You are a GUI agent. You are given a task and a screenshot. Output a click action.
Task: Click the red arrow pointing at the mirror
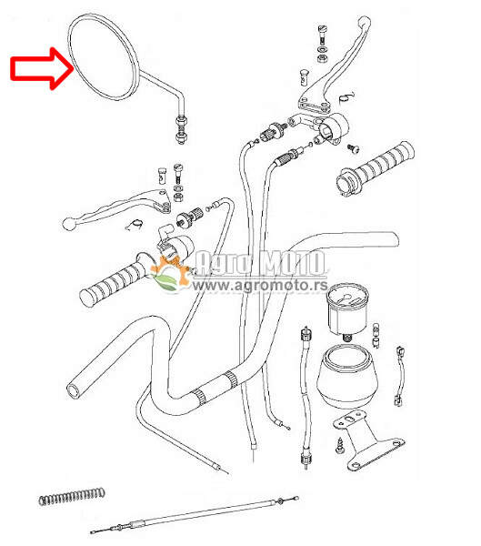coord(42,68)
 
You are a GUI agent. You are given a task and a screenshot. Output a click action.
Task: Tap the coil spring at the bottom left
coord(72,496)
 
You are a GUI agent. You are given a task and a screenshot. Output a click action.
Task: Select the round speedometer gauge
coord(347,308)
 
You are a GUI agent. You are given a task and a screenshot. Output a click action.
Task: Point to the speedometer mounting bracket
coord(368,440)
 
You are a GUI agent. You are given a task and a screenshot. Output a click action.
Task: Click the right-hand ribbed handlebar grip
coord(376,167)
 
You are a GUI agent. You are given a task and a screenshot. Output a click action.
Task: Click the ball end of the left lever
coord(68,223)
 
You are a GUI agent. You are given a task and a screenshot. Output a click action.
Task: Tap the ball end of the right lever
coord(365,22)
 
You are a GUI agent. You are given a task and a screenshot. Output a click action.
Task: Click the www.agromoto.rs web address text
coord(260,285)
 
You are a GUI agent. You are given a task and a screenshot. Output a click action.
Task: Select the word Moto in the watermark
coord(294,263)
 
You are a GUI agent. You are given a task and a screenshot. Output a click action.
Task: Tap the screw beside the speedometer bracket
coord(340,447)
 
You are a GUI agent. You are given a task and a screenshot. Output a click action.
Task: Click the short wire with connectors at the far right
coord(400,376)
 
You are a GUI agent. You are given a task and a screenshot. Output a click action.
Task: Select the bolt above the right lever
coord(323,43)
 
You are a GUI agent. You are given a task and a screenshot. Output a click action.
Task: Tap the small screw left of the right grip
coord(353,148)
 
